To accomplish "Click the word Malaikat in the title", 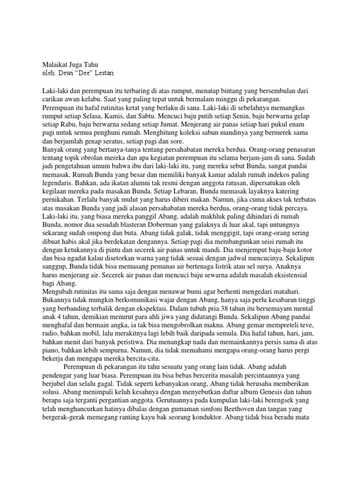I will coord(56,65).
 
